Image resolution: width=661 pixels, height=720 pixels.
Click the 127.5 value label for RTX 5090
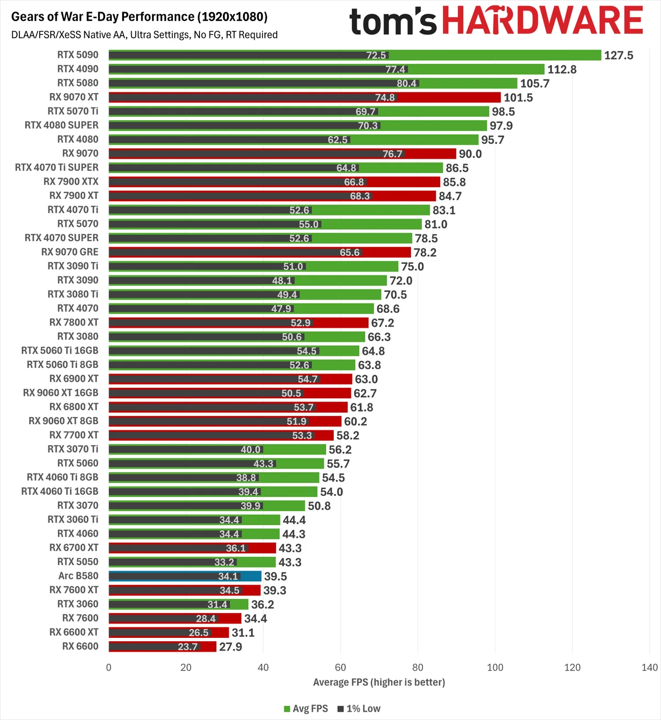click(618, 55)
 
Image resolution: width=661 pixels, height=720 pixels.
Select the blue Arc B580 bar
click(185, 576)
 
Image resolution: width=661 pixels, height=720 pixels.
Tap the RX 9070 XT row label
click(74, 97)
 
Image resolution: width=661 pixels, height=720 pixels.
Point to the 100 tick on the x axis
click(495, 667)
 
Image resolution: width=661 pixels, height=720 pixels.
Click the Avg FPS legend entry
click(306, 708)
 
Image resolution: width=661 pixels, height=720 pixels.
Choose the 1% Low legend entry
click(359, 708)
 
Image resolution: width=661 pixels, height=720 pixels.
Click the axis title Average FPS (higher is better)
click(379, 682)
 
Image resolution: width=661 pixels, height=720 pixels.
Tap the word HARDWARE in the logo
click(542, 20)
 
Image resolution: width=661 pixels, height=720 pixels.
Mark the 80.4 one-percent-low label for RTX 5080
click(407, 83)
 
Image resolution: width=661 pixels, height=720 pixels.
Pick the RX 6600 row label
click(80, 646)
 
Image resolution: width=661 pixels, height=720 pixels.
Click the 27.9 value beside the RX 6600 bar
click(230, 647)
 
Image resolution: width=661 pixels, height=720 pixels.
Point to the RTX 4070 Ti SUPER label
click(56, 167)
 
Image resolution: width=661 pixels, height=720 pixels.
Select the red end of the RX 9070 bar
click(431, 154)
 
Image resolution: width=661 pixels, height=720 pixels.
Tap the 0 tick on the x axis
click(109, 667)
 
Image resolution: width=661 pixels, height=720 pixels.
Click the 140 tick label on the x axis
click(649, 667)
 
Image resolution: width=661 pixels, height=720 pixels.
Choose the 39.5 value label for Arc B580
click(275, 576)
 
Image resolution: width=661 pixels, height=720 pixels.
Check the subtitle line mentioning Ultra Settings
click(144, 35)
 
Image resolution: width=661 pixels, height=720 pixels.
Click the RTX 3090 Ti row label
click(73, 266)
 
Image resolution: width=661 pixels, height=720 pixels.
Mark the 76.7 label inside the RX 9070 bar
click(392, 154)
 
